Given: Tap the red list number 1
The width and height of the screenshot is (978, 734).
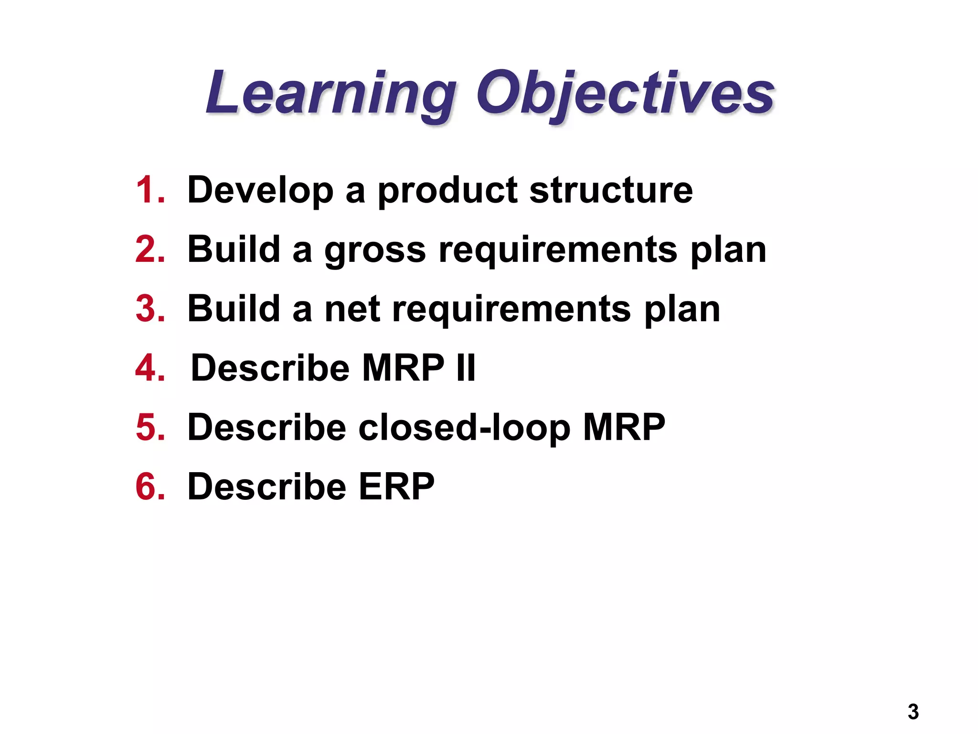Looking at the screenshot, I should [x=150, y=190].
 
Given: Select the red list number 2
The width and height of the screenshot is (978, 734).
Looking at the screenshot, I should [x=150, y=249].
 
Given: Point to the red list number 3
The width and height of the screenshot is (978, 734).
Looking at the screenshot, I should [x=150, y=309].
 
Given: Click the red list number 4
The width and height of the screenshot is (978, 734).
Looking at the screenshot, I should [x=150, y=368].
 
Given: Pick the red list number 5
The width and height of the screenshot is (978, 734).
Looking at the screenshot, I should [x=150, y=427].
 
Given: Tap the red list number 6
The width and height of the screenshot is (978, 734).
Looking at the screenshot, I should [x=150, y=486].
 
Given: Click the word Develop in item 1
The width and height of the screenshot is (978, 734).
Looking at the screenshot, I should [x=260, y=190].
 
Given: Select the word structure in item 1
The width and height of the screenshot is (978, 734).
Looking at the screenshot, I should [x=611, y=190].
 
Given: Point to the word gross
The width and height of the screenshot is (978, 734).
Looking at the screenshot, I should [x=375, y=250].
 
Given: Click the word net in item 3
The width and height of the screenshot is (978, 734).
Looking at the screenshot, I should [x=352, y=310].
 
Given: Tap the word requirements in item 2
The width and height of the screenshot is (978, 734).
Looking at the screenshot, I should [x=558, y=250].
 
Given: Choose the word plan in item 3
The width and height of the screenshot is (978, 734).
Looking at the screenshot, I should [x=682, y=310].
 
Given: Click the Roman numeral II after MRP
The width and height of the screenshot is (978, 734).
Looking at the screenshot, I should [x=466, y=368].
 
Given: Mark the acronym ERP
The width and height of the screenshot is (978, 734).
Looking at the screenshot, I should [x=396, y=486].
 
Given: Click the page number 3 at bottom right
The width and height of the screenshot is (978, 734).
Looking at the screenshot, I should [x=913, y=712].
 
